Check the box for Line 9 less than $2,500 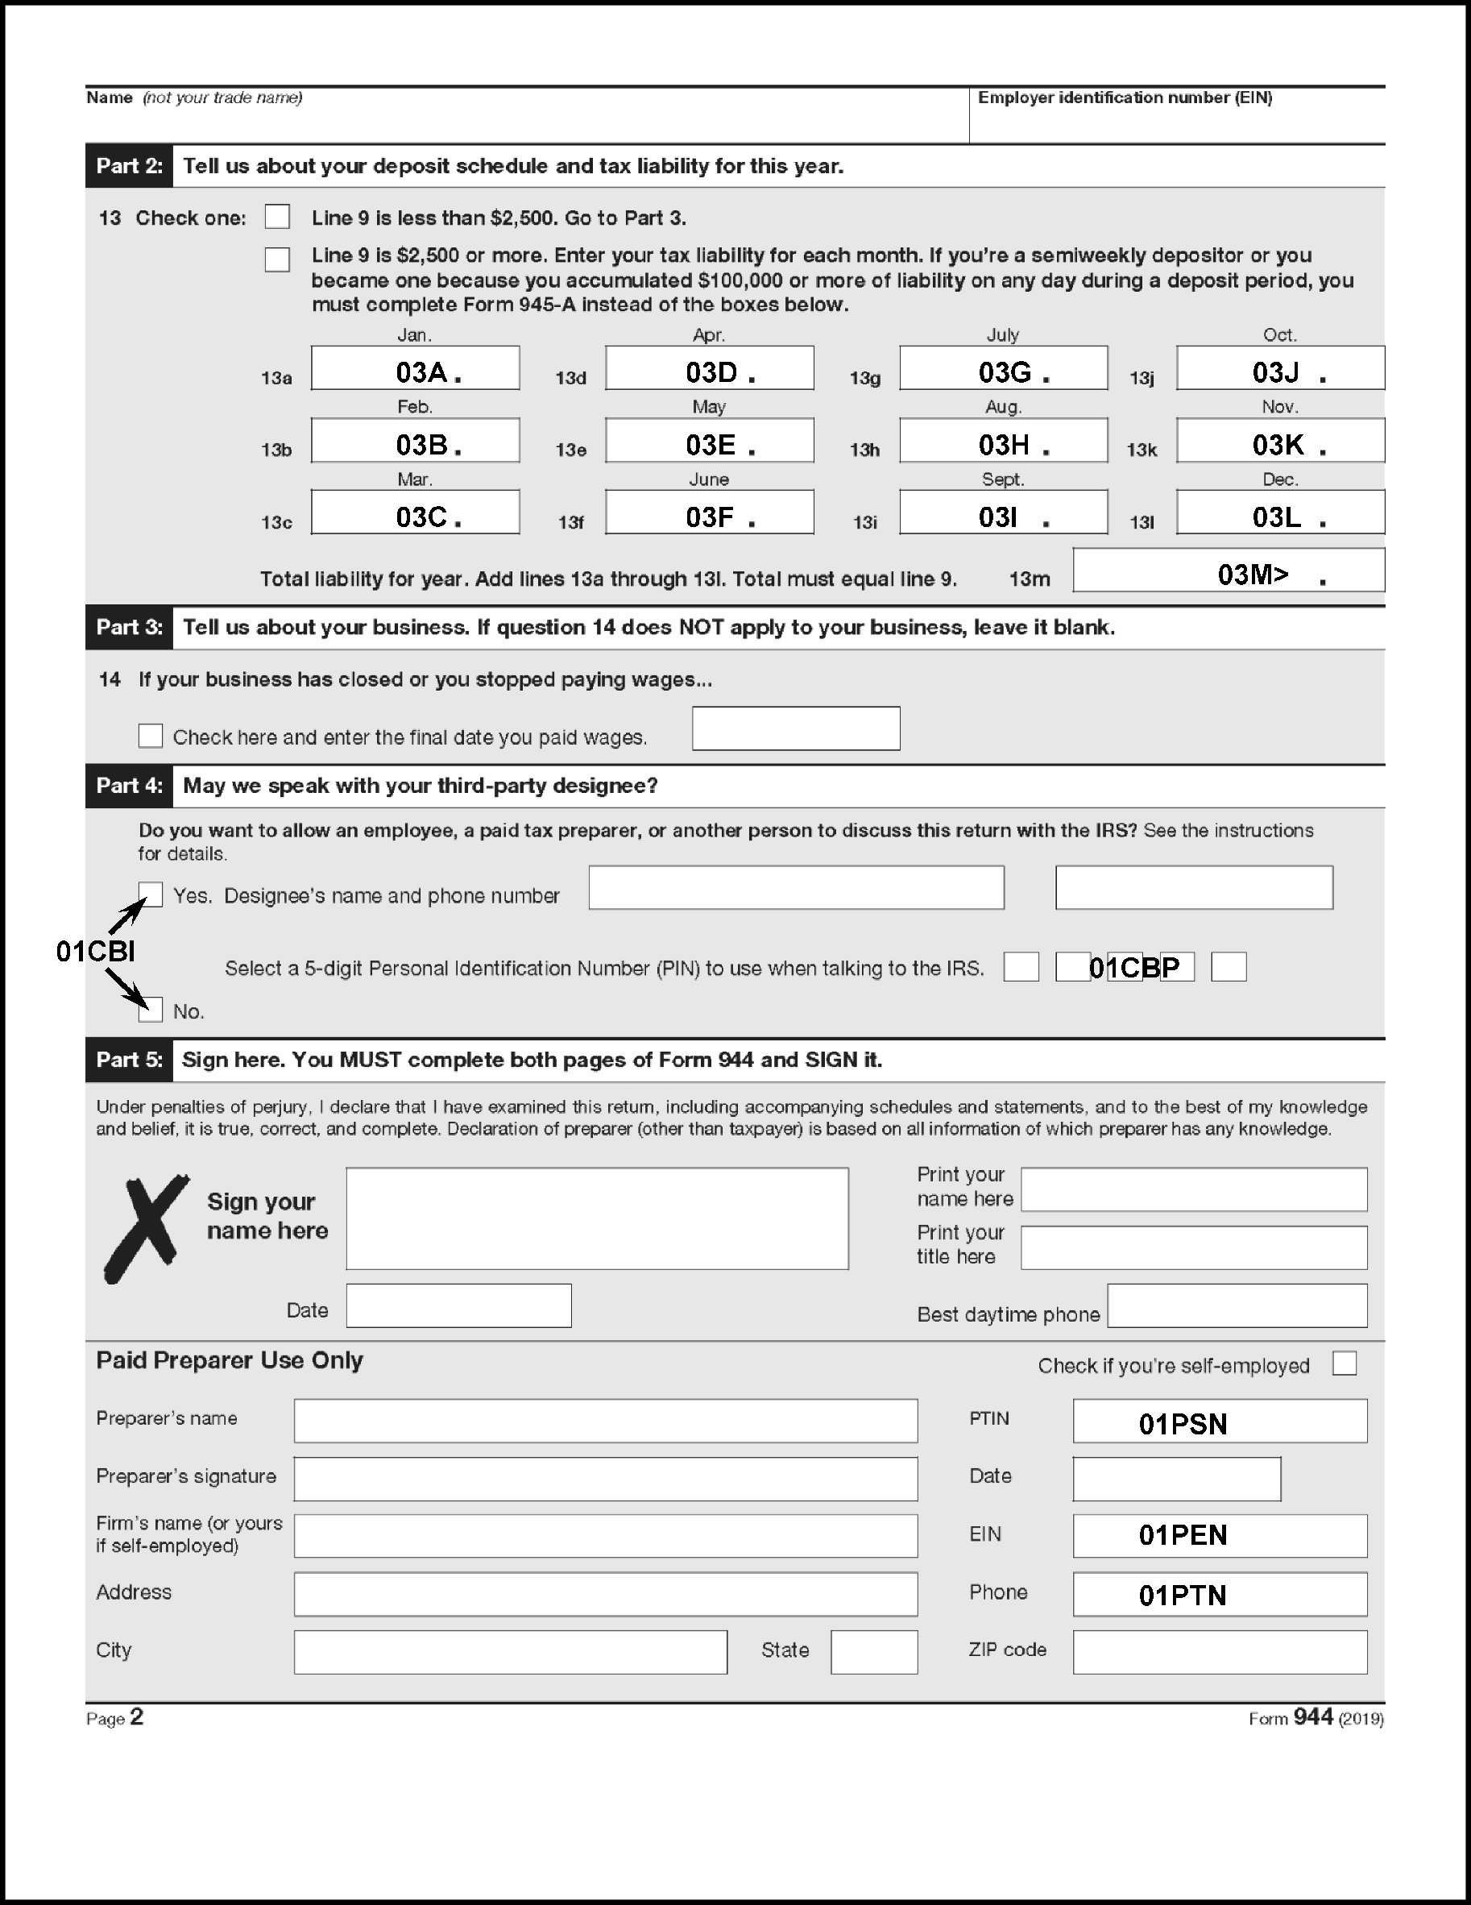click(277, 216)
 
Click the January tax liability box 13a click(415, 368)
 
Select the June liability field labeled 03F click(709, 512)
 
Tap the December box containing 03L click(1279, 512)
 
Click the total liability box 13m click(1228, 571)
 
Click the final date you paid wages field click(795, 728)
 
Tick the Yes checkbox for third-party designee click(151, 894)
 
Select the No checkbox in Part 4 click(151, 1009)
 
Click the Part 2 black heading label click(129, 166)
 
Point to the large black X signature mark click(146, 1227)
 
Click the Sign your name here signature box click(596, 1218)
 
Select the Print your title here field click(1193, 1247)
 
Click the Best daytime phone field click(1237, 1305)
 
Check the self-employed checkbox click(1344, 1363)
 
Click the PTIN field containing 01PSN click(1219, 1421)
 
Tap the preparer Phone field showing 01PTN click(1219, 1594)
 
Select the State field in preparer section click(874, 1651)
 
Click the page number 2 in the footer click(136, 1716)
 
